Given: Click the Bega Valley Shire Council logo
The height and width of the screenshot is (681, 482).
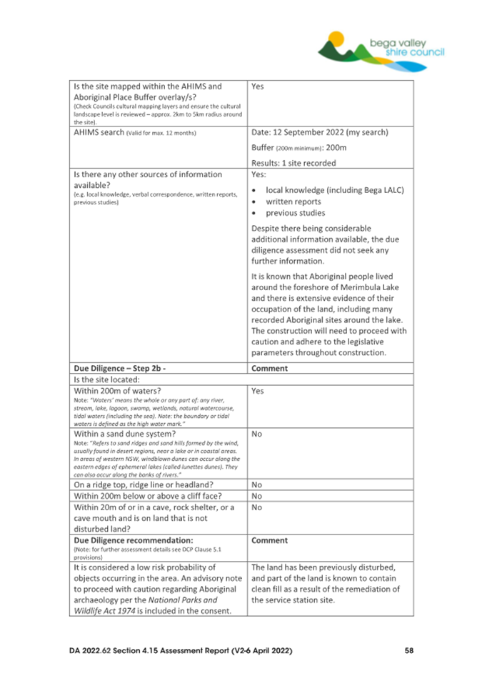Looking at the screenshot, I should [x=381, y=46].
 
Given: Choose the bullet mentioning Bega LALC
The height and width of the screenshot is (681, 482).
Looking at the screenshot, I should [x=334, y=190].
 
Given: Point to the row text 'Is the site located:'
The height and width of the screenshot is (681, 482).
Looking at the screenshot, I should [x=109, y=380].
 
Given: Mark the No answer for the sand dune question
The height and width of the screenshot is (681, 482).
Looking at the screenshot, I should [x=258, y=433].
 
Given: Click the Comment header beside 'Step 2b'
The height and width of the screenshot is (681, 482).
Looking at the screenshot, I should [x=270, y=369].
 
